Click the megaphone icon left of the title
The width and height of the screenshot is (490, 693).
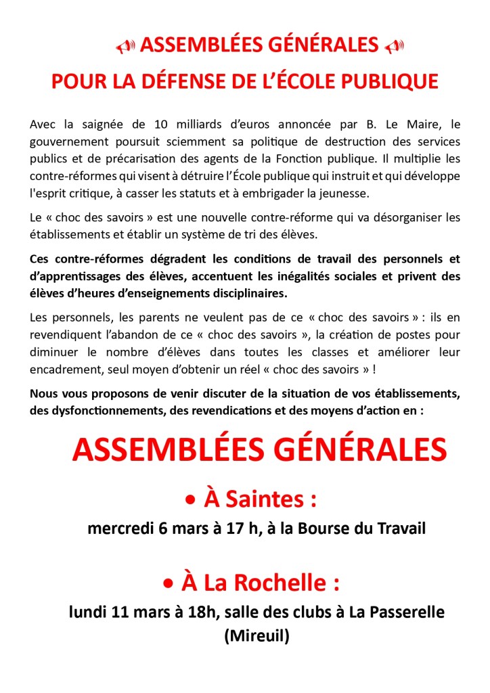tap(125, 47)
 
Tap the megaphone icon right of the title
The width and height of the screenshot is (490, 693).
tap(394, 47)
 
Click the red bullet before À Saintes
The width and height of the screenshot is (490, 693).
tap(191, 501)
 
